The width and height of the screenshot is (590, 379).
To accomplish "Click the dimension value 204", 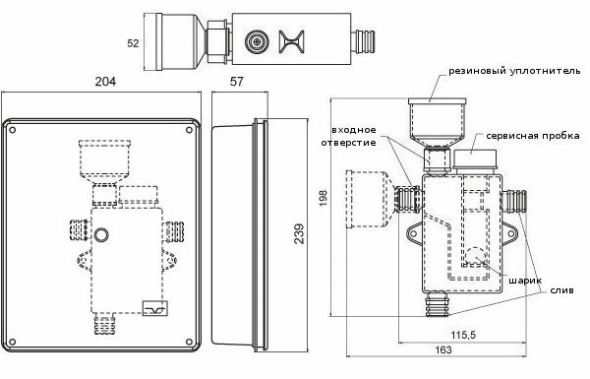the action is click(x=105, y=82).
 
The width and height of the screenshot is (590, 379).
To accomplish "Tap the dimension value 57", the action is click(x=237, y=82).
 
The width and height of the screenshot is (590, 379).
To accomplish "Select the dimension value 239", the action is click(x=299, y=234).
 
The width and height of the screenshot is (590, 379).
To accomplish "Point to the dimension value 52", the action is click(x=133, y=43).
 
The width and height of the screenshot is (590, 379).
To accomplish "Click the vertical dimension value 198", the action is click(x=324, y=198).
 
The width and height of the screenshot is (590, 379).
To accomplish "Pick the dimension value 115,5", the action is click(x=463, y=334).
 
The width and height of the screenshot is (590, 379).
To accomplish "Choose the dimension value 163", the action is click(x=443, y=349).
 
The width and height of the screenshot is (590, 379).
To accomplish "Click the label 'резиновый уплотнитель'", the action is click(x=514, y=71).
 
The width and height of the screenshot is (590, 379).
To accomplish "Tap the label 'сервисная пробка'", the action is click(x=532, y=135).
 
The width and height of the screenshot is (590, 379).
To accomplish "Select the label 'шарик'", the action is click(x=525, y=281).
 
